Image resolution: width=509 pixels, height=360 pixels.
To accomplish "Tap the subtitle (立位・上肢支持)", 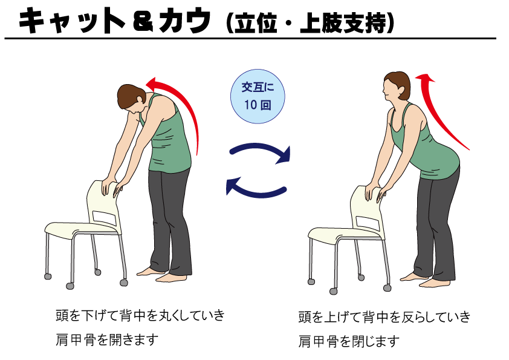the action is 310,23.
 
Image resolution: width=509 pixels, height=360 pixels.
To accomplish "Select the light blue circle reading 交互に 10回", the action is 258,96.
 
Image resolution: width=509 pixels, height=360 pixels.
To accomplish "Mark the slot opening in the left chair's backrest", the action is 103,217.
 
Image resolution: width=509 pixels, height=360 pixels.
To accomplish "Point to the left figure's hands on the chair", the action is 111,188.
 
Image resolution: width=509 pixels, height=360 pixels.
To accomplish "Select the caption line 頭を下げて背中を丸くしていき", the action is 140,315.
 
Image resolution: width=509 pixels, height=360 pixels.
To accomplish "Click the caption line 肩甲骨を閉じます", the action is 349,341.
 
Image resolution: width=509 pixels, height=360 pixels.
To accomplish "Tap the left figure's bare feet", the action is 162,275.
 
